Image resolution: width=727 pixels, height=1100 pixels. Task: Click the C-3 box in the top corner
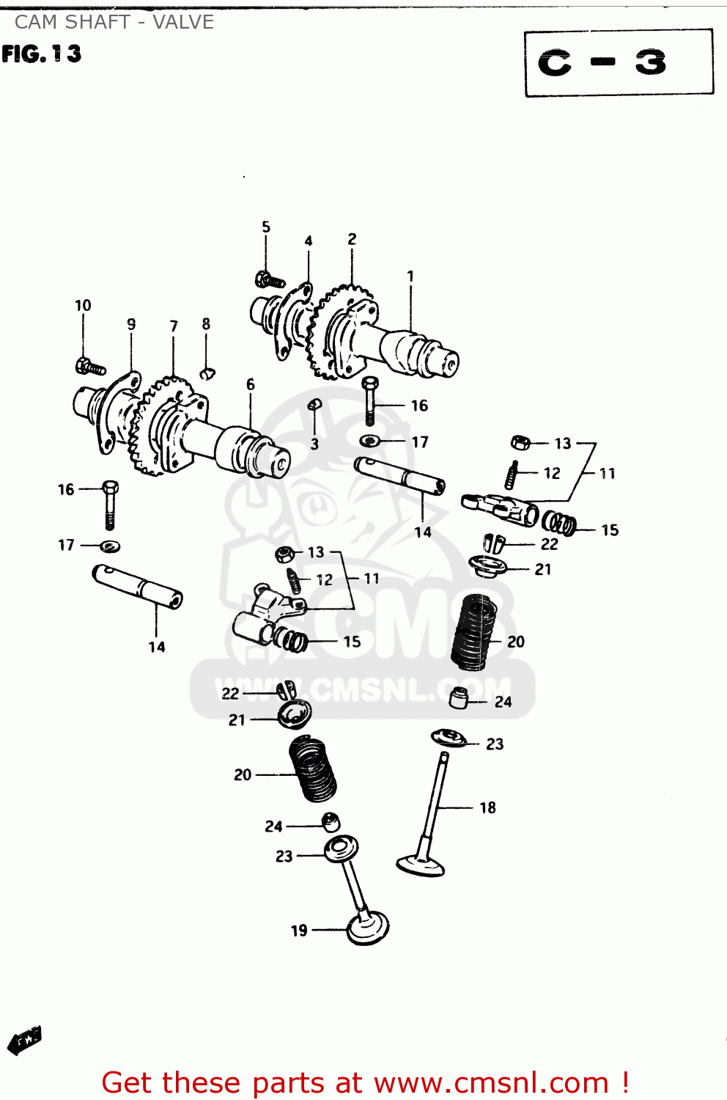(x=619, y=63)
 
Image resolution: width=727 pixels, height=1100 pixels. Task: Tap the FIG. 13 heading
(x=41, y=54)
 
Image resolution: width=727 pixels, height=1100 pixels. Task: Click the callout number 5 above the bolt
(x=266, y=227)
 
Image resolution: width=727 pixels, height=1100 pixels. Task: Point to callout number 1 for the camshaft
(x=410, y=276)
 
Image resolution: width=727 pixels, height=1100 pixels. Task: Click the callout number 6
(x=251, y=384)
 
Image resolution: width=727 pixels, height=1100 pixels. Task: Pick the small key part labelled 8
(x=207, y=373)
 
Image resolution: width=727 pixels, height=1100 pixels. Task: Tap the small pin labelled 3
(x=314, y=404)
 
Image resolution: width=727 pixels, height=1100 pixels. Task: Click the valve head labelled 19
(x=368, y=928)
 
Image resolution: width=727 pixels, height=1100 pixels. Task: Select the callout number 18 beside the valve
(x=487, y=807)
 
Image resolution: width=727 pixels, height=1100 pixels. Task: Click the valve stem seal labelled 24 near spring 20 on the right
(x=459, y=698)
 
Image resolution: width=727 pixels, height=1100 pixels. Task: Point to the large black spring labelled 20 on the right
(x=475, y=632)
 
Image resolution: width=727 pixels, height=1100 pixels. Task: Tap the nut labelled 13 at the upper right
(x=520, y=442)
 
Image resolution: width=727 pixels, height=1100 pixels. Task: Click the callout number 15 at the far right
(x=610, y=529)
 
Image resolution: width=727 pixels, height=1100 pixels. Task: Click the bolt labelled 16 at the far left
(x=110, y=505)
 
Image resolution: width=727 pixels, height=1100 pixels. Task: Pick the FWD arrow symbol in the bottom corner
(x=24, y=1039)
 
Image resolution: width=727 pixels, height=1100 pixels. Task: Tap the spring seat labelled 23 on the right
(x=449, y=738)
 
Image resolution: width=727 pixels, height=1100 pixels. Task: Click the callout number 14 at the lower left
(x=157, y=647)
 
